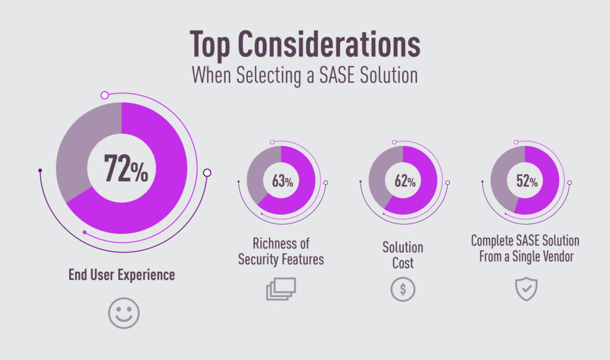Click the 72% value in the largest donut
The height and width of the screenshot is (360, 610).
pyautogui.click(x=126, y=168)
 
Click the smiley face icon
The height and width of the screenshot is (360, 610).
pyautogui.click(x=124, y=312)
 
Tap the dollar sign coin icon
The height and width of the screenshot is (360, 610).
pyautogui.click(x=403, y=290)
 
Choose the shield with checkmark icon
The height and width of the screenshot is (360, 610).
pyautogui.click(x=525, y=290)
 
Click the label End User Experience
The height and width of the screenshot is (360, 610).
pyautogui.click(x=122, y=275)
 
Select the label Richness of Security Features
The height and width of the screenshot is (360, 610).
pyautogui.click(x=281, y=252)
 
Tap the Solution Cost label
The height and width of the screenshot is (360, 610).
pyautogui.click(x=403, y=255)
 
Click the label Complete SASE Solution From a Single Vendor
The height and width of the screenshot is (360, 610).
pyautogui.click(x=525, y=249)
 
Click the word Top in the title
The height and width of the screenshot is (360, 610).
pyautogui.click(x=213, y=45)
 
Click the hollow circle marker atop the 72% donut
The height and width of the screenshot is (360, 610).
pyautogui.click(x=104, y=95)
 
